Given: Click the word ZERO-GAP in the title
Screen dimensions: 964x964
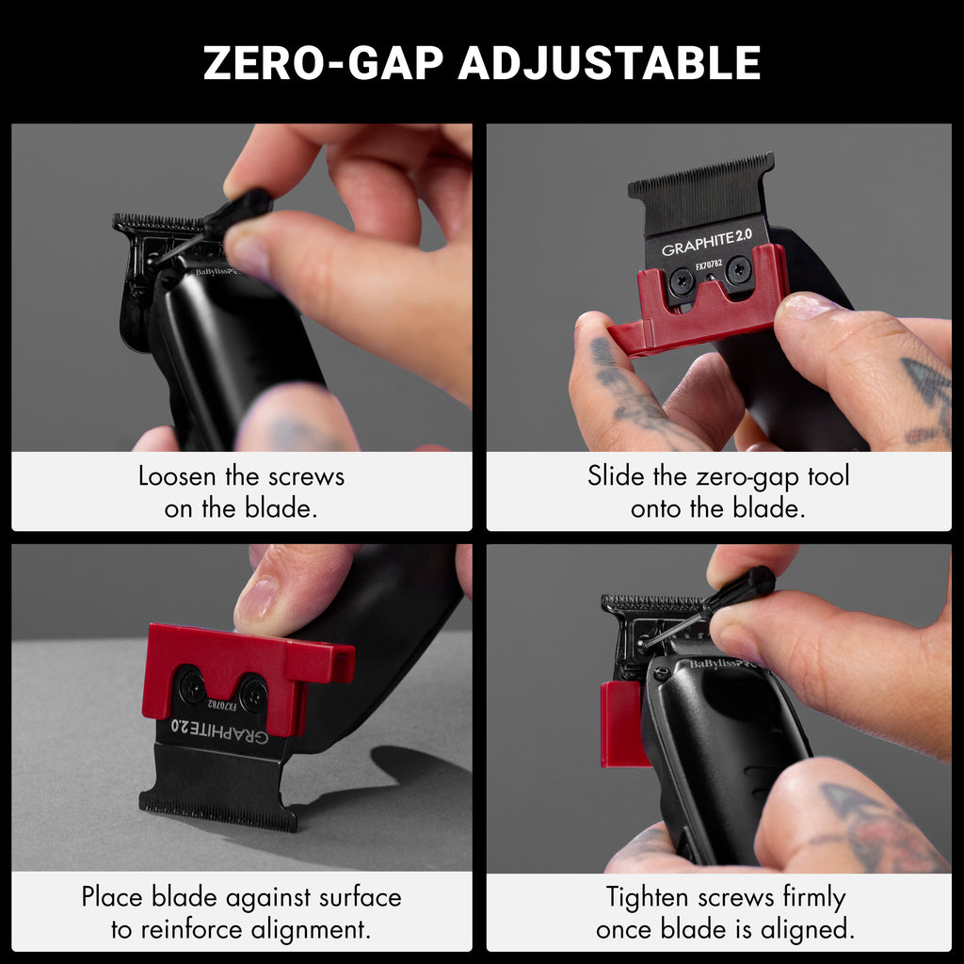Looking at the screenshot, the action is click(324, 63).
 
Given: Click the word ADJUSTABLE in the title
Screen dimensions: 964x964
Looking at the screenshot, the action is click(609, 63).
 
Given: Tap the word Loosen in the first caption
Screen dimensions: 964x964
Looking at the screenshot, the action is click(177, 476).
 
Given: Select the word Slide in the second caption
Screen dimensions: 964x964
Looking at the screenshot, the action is click(616, 475).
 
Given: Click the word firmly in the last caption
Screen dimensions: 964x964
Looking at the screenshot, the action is click(814, 898).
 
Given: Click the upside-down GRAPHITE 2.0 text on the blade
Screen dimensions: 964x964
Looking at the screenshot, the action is click(219, 731).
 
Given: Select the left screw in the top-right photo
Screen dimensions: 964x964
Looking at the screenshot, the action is click(682, 281).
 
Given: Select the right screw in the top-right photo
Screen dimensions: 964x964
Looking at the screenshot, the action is click(738, 268).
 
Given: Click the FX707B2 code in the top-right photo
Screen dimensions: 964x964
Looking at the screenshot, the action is click(709, 265).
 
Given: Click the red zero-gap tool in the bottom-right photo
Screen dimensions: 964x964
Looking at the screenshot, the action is click(624, 724).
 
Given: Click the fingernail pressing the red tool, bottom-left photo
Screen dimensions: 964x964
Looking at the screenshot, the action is click(257, 599).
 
